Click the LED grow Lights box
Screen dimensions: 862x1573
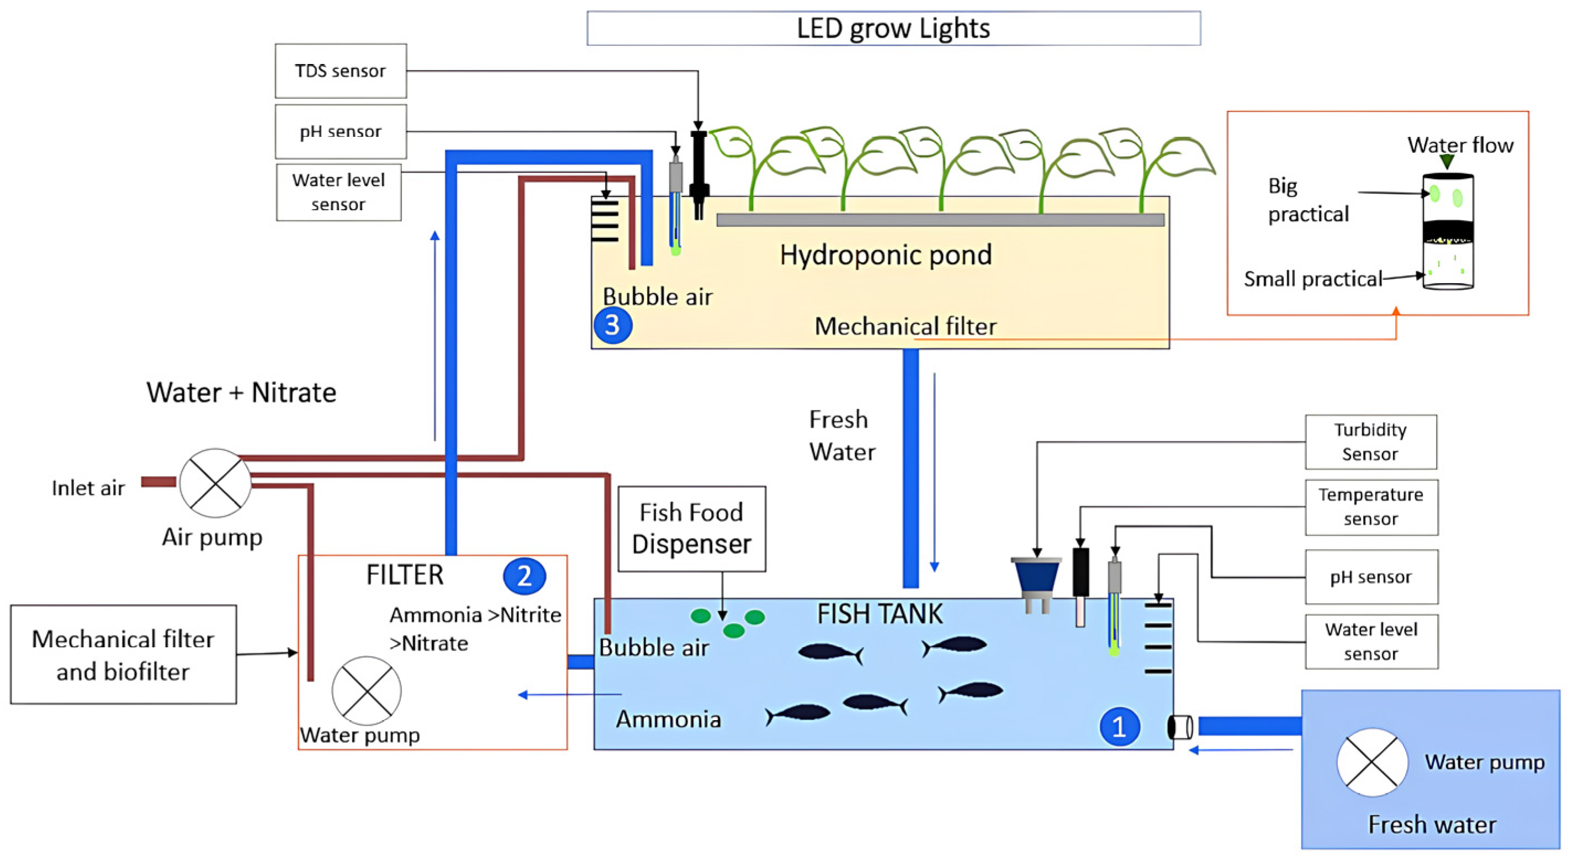(893, 28)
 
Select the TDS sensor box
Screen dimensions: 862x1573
(341, 71)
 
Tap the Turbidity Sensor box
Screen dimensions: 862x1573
(1370, 442)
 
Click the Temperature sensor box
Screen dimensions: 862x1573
(1371, 507)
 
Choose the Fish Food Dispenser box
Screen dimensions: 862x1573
(691, 529)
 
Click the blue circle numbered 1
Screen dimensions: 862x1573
(1119, 726)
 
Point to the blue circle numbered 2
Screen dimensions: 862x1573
(525, 576)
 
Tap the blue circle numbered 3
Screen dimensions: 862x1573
(612, 326)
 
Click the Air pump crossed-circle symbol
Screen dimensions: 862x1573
(215, 483)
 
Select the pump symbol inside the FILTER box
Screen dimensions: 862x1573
(367, 691)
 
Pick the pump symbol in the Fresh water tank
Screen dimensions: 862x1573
(1371, 762)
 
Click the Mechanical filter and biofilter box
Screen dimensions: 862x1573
(123, 655)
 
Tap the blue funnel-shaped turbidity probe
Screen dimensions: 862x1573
(1036, 577)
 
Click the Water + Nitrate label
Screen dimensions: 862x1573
(241, 392)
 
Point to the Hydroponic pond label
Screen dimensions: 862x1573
(886, 255)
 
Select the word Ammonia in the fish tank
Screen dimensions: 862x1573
(668, 719)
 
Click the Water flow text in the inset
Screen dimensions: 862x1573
(1460, 145)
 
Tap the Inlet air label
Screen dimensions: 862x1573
(88, 488)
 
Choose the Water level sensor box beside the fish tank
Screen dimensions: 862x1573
(1371, 642)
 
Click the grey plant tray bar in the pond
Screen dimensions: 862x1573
(940, 220)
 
